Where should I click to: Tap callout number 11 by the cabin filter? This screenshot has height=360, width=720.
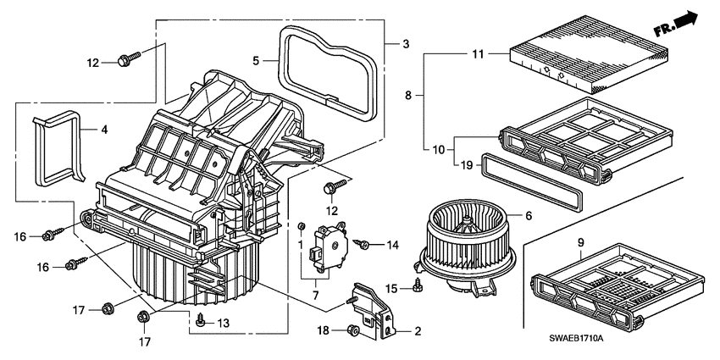[476, 54]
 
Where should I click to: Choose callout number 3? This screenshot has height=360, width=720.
[405, 43]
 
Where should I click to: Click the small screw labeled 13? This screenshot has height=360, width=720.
[201, 320]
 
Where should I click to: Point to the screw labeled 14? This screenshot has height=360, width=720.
[363, 245]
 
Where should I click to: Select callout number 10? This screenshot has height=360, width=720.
[437, 150]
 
